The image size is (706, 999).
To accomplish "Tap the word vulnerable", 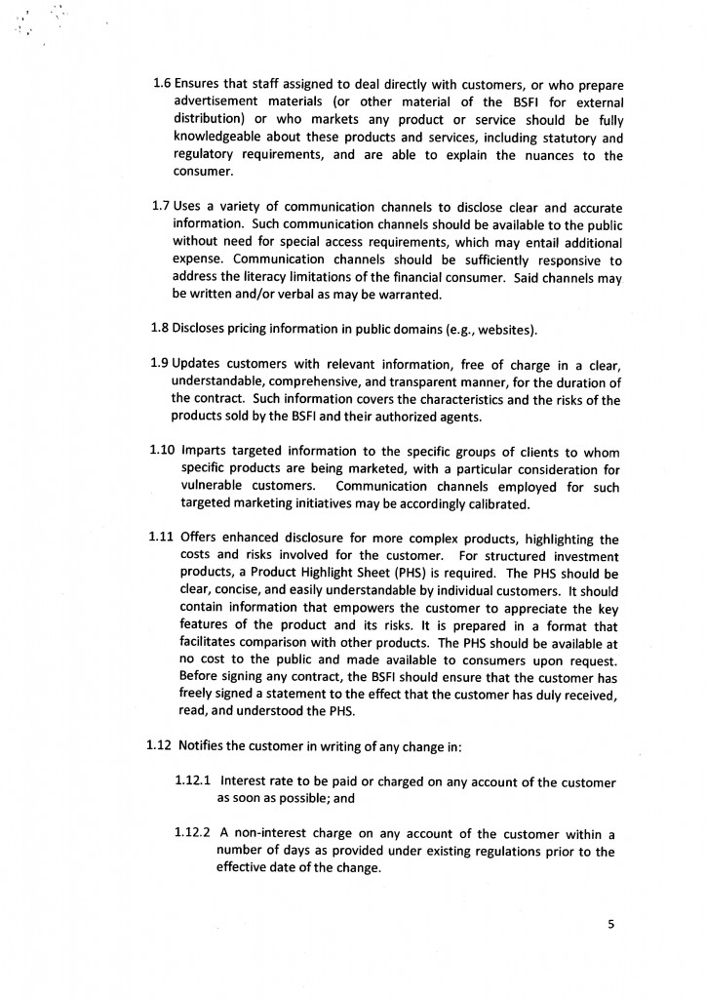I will tap(216, 486).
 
